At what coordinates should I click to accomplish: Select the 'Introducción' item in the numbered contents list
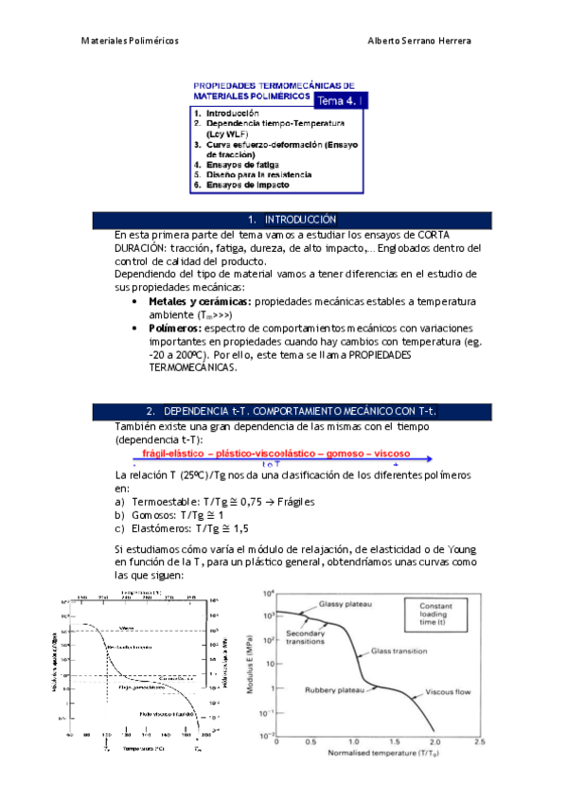[232, 113]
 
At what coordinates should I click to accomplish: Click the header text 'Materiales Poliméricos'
[130, 42]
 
